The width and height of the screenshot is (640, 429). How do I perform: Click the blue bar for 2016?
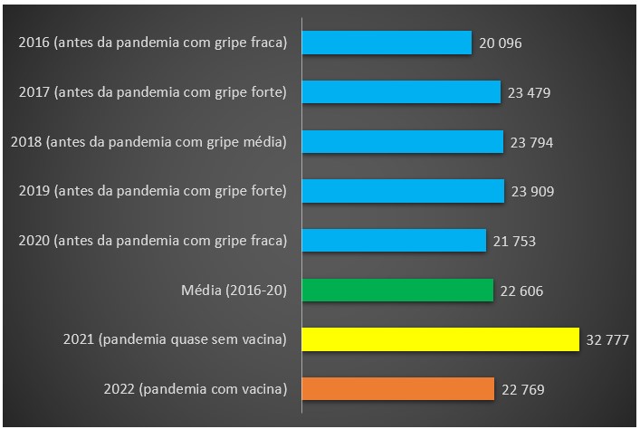(387, 43)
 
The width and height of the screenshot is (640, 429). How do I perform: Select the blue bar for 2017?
(401, 91)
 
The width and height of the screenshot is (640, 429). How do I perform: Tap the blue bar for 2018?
(402, 141)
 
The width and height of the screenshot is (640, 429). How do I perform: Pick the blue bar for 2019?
(403, 190)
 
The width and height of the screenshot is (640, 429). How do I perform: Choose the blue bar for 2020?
(394, 240)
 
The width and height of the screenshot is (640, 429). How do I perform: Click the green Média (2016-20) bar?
(397, 290)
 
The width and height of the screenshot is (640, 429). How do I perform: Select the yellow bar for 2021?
(440, 339)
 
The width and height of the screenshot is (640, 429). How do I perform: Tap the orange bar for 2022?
(397, 389)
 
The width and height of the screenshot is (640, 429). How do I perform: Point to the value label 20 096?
(500, 43)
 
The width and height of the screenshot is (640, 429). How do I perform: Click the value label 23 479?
(528, 92)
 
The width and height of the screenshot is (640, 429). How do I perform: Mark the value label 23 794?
(530, 142)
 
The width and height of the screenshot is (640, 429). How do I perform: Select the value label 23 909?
(531, 191)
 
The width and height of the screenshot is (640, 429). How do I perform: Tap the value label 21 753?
(514, 241)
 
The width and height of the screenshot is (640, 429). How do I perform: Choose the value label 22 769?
(521, 390)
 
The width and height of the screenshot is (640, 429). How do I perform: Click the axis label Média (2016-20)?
(234, 290)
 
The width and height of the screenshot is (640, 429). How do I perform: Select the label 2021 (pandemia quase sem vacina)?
(175, 339)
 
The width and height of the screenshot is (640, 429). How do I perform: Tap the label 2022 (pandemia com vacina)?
(195, 389)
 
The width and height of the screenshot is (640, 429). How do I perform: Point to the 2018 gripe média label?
(148, 141)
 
